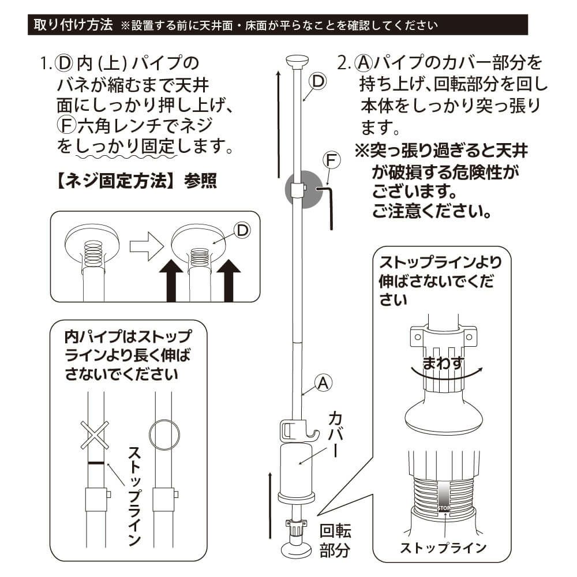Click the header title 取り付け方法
click(73, 25)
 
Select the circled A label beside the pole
click(323, 382)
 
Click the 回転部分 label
click(335, 541)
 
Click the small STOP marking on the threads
click(444, 508)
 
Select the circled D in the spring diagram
click(243, 230)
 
